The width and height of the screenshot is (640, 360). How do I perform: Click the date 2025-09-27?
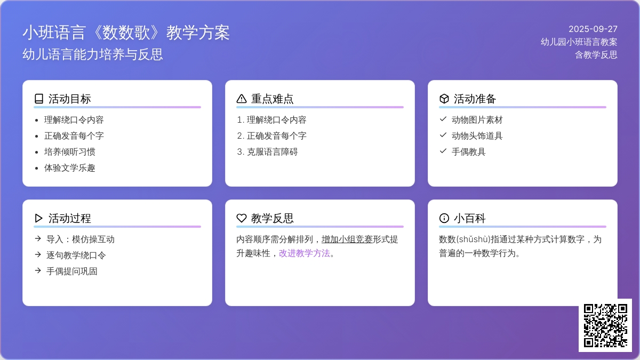pyautogui.click(x=593, y=29)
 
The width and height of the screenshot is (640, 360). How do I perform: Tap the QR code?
pyautogui.click(x=605, y=325)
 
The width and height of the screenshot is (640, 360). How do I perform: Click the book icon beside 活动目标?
pyautogui.click(x=39, y=99)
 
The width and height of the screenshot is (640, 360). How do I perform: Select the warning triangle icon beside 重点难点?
pyautogui.click(x=242, y=99)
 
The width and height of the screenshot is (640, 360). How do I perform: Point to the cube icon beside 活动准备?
pyautogui.click(x=444, y=99)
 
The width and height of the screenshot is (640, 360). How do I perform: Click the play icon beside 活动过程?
pyautogui.click(x=38, y=218)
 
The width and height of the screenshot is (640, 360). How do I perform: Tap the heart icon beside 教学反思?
pyautogui.click(x=242, y=218)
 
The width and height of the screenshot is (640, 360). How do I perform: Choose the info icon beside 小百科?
pyautogui.click(x=444, y=218)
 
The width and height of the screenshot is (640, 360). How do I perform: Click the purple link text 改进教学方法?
pyautogui.click(x=305, y=253)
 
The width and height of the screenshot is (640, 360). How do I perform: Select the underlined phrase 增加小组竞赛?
pyautogui.click(x=347, y=239)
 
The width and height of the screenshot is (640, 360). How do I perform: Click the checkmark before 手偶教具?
pyautogui.click(x=443, y=151)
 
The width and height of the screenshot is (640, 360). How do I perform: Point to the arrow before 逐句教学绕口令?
pyautogui.click(x=38, y=254)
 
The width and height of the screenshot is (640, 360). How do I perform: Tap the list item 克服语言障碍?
pyautogui.click(x=273, y=151)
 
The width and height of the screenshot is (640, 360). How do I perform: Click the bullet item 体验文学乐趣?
pyautogui.click(x=69, y=168)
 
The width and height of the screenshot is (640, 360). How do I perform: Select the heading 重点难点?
pyautogui.click(x=273, y=99)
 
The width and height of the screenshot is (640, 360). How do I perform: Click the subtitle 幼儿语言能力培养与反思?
pyautogui.click(x=93, y=54)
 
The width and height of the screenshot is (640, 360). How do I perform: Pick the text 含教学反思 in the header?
pyautogui.click(x=596, y=54)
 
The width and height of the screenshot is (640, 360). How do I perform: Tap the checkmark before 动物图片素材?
pyautogui.click(x=443, y=119)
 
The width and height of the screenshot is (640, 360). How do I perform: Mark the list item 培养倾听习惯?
pyautogui.click(x=69, y=151)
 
